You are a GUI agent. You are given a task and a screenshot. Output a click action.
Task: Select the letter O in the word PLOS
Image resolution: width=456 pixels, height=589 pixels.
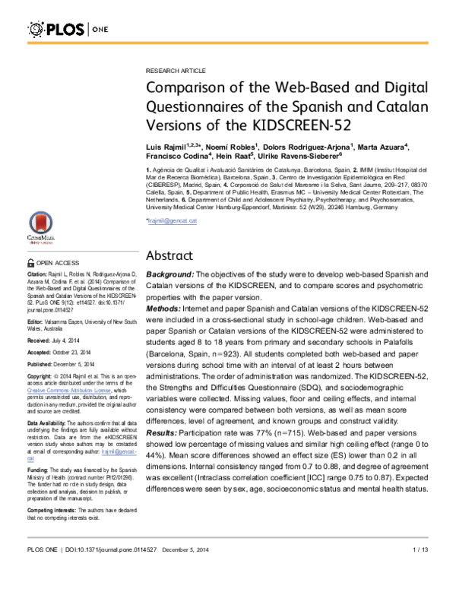(72, 30)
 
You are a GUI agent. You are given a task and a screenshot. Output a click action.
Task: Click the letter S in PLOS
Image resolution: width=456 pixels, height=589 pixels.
(81, 30)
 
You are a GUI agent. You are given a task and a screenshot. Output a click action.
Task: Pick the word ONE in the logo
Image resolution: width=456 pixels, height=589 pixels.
(99, 30)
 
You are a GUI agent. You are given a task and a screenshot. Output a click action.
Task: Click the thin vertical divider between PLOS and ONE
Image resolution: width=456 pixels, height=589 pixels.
(88, 30)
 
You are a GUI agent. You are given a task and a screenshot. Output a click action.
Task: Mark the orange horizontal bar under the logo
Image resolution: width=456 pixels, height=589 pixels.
(227, 43)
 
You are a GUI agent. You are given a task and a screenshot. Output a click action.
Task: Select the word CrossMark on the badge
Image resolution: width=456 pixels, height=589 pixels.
(41, 237)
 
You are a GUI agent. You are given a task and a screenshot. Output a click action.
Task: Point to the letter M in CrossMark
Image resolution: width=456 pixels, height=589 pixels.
(43, 237)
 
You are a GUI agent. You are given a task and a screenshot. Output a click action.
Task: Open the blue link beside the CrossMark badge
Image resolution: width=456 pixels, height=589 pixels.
(172, 221)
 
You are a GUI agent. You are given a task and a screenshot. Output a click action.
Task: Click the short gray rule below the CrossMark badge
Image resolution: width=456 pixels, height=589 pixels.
(83, 251)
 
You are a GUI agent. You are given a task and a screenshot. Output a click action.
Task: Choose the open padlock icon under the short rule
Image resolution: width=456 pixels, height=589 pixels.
(31, 261)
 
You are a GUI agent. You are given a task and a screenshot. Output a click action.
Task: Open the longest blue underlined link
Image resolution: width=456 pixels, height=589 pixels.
(69, 391)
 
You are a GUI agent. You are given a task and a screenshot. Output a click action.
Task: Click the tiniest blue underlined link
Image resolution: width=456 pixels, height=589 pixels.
(30, 459)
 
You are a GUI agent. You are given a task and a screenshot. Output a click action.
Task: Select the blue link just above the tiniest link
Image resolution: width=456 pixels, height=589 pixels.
(119, 451)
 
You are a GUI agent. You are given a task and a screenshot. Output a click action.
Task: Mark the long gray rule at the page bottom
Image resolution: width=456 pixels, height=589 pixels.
(227, 537)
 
